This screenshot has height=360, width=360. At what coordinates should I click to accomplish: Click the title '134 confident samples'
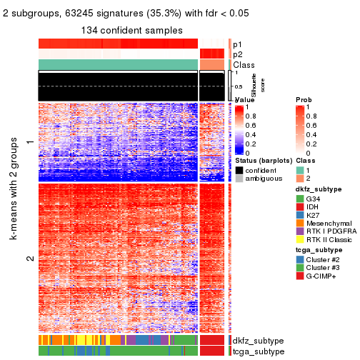132,30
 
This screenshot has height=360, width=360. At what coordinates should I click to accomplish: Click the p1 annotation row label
238,44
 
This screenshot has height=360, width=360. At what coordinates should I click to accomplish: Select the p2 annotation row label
238,54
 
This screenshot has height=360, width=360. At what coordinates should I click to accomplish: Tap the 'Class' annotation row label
244,65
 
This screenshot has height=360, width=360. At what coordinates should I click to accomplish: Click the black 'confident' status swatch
239,171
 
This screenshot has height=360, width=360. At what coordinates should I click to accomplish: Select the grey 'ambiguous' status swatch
239,180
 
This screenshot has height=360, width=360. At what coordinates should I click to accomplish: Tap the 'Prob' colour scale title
304,99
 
